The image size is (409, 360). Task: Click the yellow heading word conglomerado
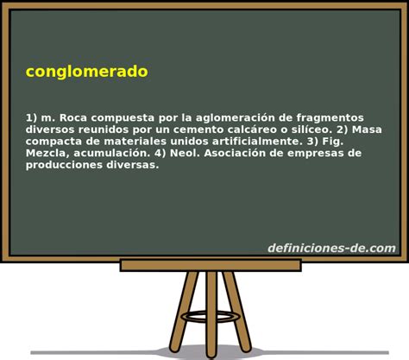[87, 72]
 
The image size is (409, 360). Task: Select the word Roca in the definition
[73, 117]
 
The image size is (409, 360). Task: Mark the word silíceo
[312, 129]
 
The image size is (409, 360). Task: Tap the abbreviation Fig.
[333, 142]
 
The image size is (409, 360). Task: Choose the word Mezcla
[46, 153]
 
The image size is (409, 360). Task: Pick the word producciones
[64, 166]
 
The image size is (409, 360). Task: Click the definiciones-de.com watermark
[331, 248]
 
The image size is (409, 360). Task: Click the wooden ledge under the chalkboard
[211, 265]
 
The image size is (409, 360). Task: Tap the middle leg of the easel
[211, 314]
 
